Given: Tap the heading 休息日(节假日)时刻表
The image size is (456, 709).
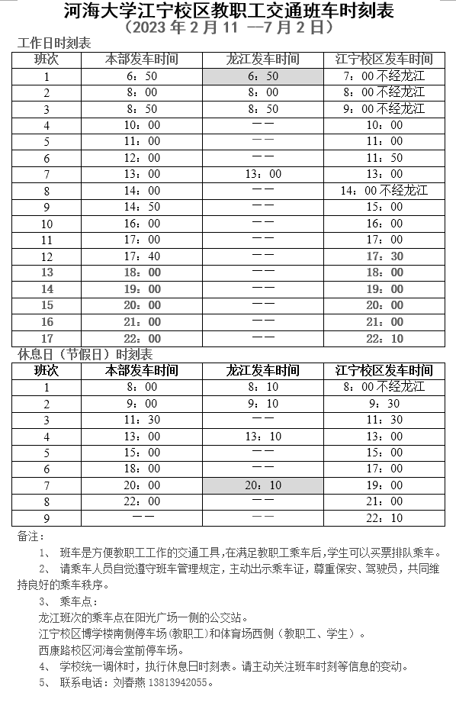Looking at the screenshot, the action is tap(85, 355).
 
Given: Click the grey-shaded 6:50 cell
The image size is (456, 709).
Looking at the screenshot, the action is tap(263, 76).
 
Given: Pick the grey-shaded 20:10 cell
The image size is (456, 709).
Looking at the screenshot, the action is tap(263, 485).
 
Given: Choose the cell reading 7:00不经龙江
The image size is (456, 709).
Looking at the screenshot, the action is tap(384, 76).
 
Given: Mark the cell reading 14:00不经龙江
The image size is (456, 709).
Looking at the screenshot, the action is tap(384, 191).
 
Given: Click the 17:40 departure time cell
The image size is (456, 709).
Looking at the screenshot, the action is tap(143, 256).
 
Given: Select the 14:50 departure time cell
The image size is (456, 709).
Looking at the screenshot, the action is tap(143, 207).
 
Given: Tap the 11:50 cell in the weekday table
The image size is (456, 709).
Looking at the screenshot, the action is tap(384, 158).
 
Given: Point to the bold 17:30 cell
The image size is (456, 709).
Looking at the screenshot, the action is tap(384, 256).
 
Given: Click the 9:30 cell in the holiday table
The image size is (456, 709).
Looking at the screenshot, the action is tap(384, 404).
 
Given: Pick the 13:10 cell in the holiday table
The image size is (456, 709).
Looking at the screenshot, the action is tap(263, 437).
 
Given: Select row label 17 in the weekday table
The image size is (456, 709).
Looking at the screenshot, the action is tap(47, 338).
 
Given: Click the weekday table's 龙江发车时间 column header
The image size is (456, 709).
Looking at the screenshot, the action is tap(263, 60).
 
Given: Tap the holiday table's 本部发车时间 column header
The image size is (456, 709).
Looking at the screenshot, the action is tap(143, 371).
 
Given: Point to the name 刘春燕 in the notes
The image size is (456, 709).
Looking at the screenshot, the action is tap(127, 683).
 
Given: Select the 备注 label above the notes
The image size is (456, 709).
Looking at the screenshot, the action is tap(28, 537).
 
